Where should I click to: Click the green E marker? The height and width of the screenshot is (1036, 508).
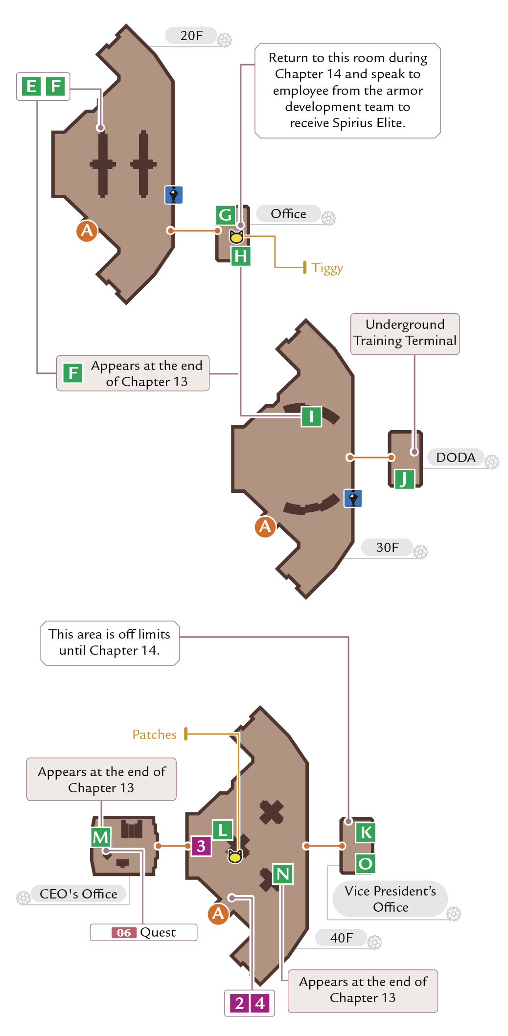coord(31,87)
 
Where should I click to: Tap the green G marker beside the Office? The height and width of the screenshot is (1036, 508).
coord(226,215)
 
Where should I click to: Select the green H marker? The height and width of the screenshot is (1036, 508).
coord(241,256)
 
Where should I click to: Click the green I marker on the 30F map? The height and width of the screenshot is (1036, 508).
coord(311,416)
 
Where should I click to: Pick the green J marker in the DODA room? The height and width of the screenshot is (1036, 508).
coord(404,479)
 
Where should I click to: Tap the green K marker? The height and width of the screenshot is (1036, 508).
coord(366,832)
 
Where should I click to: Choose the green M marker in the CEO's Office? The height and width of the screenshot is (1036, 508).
coord(101,837)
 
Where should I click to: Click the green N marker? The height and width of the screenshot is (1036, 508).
coord(283,874)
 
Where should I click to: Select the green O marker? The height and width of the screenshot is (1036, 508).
coord(366,864)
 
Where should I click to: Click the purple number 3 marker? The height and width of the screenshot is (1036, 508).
coord(201,846)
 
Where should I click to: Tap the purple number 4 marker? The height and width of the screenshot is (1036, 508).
coord(260,1003)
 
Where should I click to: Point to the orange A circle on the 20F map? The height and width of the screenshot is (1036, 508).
coord(87,230)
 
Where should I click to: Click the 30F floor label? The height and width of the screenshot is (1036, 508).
coord(387,547)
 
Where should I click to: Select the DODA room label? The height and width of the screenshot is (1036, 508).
coord(456,458)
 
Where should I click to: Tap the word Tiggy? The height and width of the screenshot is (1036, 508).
coord(327,268)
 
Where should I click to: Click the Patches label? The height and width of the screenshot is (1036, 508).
coord(154,735)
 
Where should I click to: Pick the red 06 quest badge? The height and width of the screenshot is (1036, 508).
coord(124,933)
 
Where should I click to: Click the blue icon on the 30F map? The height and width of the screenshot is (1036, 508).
coord(353,498)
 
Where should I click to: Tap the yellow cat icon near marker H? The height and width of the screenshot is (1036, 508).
coord(236,237)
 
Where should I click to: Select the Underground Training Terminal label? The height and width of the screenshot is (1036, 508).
coord(405,333)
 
